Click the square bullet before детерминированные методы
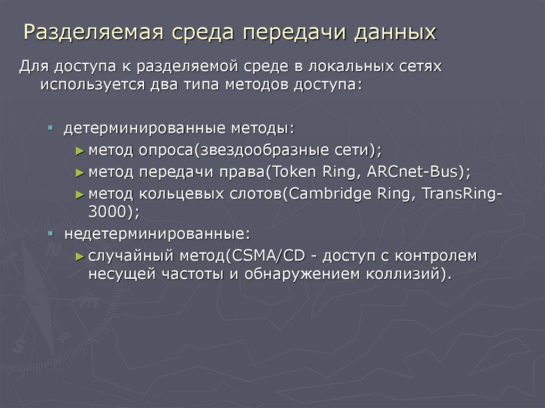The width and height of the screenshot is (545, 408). click(x=51, y=128)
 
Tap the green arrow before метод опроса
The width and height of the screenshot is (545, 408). click(x=80, y=151)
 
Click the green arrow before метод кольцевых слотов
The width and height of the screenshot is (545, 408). click(x=80, y=195)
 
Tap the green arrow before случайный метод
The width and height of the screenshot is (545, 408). click(x=80, y=256)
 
